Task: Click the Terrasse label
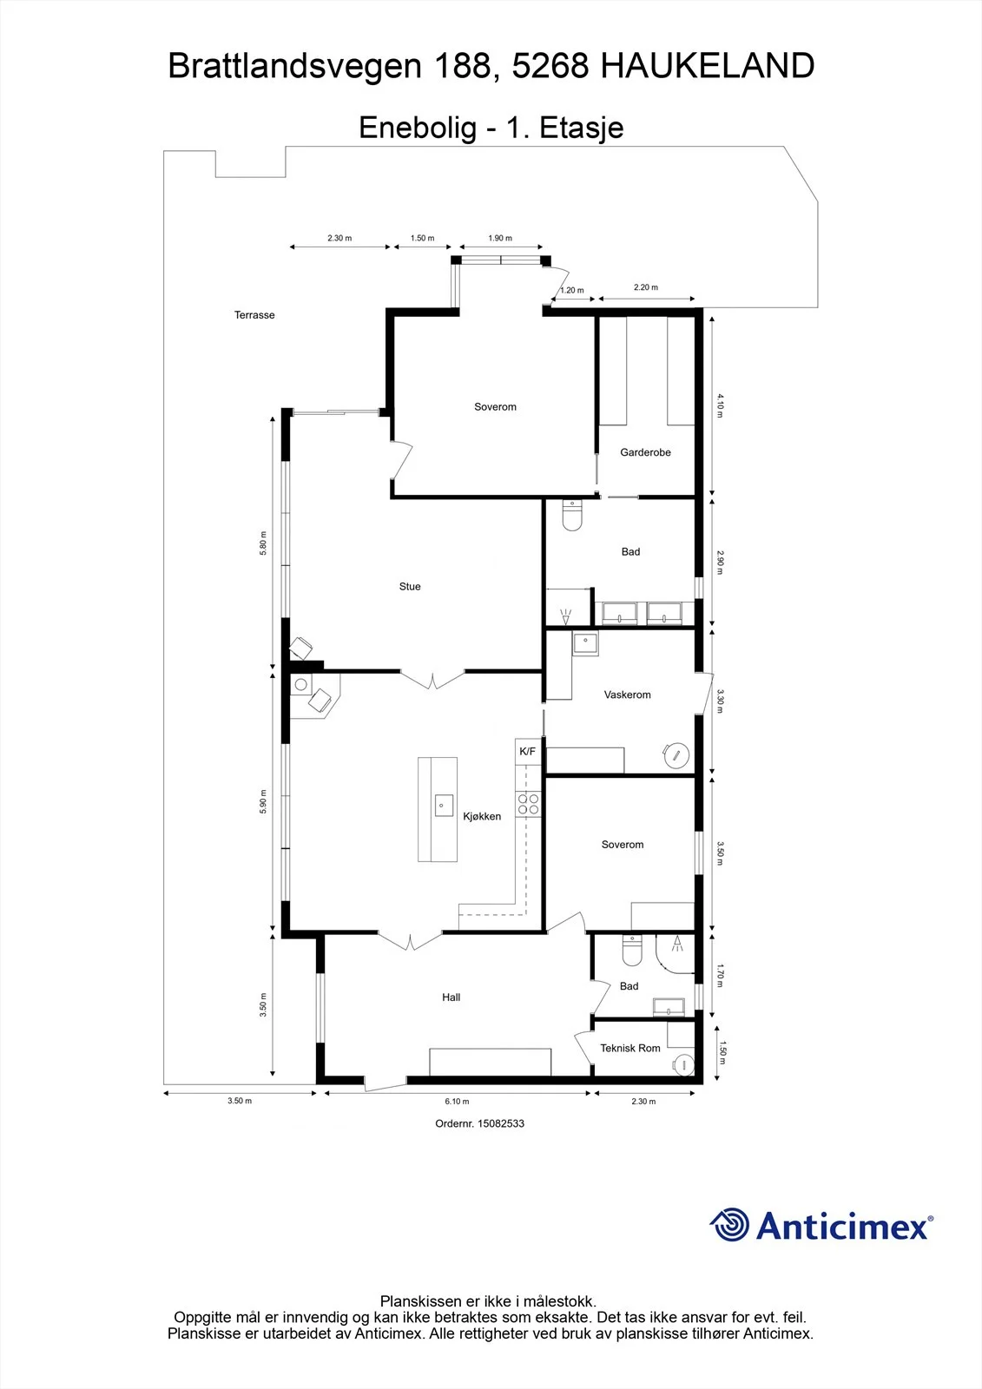(x=254, y=315)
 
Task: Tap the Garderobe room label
(x=645, y=452)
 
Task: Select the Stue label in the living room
(x=410, y=587)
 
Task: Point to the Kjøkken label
(x=482, y=817)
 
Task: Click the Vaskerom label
(x=627, y=695)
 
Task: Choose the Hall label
(x=451, y=997)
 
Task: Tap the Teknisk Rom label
(x=630, y=1048)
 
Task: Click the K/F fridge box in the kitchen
(x=528, y=752)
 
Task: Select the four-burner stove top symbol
(x=529, y=805)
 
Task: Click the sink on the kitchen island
(x=443, y=806)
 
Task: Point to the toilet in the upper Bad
(x=572, y=516)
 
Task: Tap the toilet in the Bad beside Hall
(x=631, y=951)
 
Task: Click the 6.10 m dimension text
(x=457, y=1102)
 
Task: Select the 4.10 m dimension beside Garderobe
(x=720, y=405)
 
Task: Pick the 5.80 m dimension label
(x=263, y=543)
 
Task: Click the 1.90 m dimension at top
(x=500, y=238)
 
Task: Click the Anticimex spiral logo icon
(x=729, y=1224)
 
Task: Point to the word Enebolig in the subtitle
(x=418, y=128)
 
